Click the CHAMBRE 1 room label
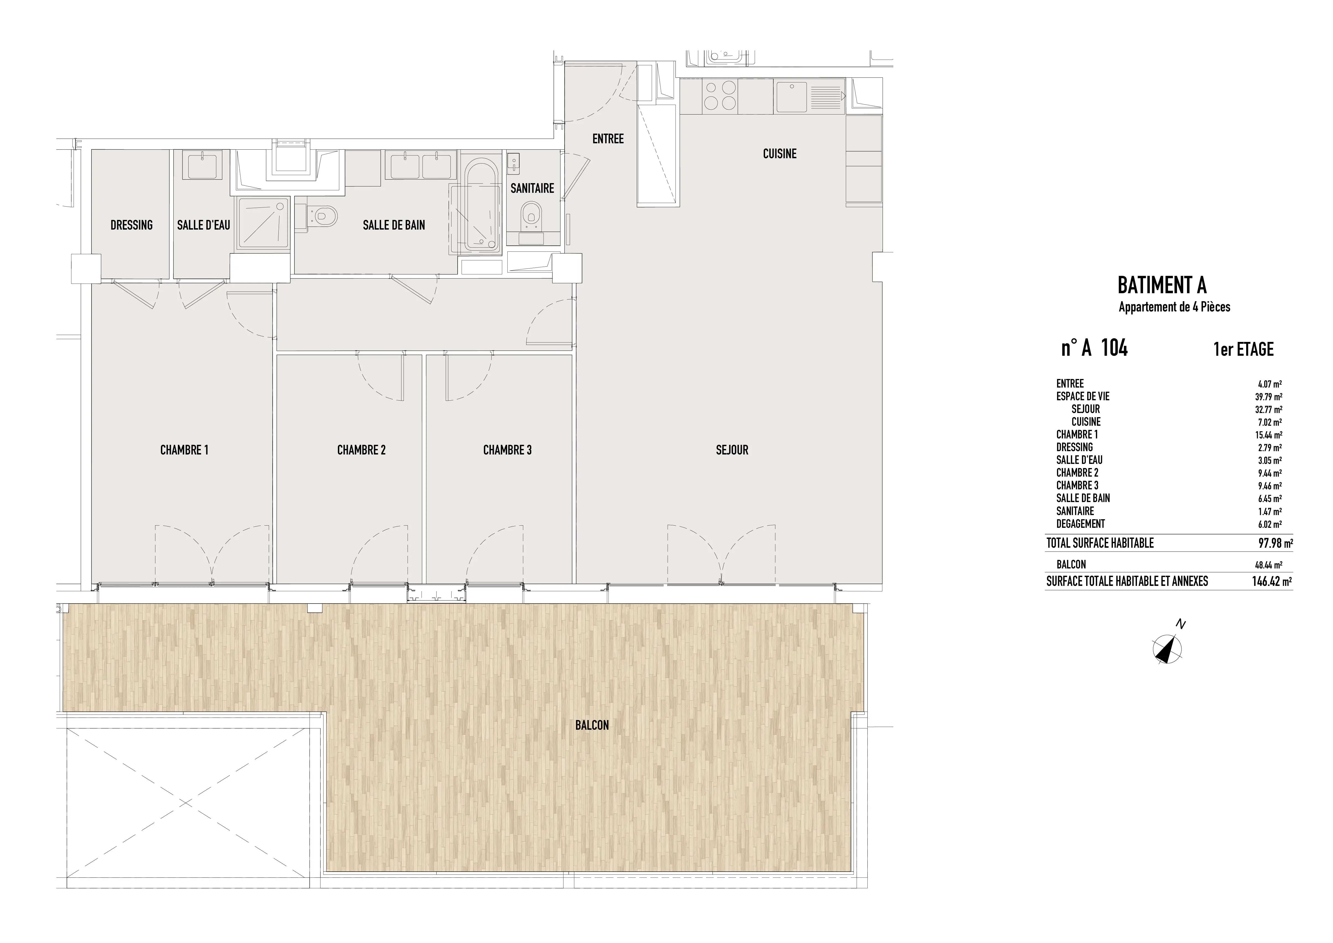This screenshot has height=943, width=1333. (x=184, y=450)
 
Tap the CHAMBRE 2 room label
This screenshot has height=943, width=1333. (x=361, y=450)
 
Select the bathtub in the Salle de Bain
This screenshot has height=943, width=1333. (x=482, y=206)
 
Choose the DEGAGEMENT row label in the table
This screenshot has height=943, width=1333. (x=1081, y=524)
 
